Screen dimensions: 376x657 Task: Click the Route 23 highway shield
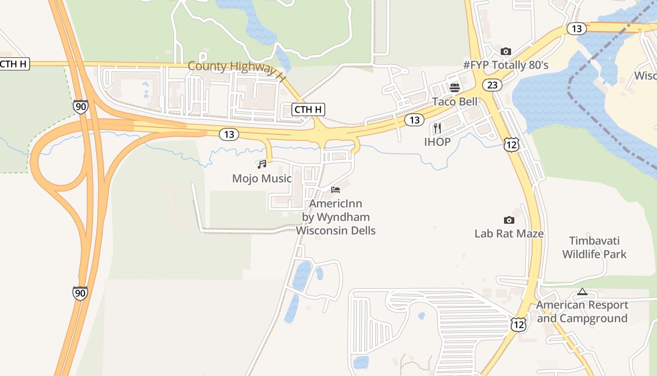click(x=492, y=85)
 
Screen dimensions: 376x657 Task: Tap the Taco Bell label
click(x=455, y=102)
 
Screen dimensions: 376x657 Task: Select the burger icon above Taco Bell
click(x=454, y=87)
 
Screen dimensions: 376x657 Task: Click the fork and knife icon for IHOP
click(x=437, y=128)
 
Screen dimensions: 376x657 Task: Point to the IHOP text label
click(x=437, y=142)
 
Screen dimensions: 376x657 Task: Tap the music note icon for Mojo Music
click(x=262, y=164)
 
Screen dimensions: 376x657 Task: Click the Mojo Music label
click(x=262, y=179)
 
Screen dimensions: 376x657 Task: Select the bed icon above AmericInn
click(x=336, y=190)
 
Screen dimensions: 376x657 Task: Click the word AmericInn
click(x=336, y=204)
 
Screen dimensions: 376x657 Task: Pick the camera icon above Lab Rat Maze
click(x=509, y=220)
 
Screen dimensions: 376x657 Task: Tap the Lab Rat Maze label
click(x=509, y=234)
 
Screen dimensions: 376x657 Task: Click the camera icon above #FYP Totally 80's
click(x=505, y=51)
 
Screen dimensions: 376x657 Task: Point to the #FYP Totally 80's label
click(x=506, y=65)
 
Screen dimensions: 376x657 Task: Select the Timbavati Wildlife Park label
click(x=595, y=248)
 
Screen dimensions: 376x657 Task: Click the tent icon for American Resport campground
click(x=582, y=291)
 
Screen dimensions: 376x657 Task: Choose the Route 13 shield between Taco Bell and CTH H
click(x=414, y=120)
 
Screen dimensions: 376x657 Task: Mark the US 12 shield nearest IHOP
click(x=511, y=145)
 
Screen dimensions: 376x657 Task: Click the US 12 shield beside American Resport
click(x=519, y=324)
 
